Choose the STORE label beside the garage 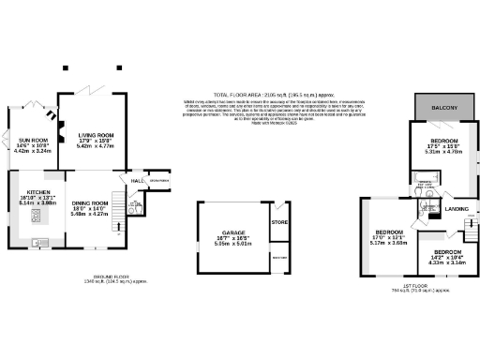tap(278, 222)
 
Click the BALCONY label tap(443, 109)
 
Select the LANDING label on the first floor tap(457, 208)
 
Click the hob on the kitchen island tap(37, 217)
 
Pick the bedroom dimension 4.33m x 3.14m tap(447, 262)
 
